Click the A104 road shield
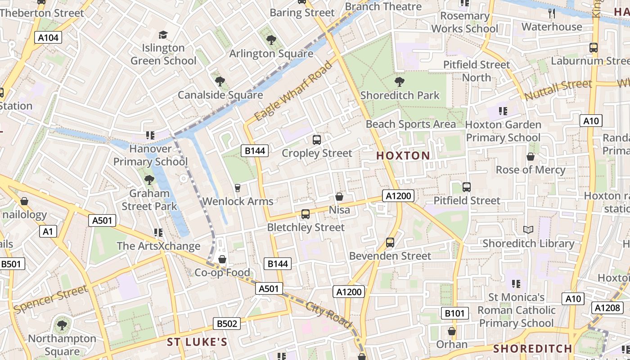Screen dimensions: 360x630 48,38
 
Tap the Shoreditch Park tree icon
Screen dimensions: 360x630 399,82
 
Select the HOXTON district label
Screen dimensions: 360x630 403,156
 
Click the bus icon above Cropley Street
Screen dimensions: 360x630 316,140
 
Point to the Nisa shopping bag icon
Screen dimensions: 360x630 339,197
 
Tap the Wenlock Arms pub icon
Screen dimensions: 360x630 238,188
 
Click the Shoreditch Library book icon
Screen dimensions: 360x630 528,230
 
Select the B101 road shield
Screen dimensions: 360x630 454,313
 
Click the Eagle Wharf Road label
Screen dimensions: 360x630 293,91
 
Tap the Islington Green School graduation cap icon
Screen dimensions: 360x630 163,35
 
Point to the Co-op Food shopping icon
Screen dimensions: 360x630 222,259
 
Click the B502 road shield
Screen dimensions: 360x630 227,323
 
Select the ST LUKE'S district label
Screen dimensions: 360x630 197,342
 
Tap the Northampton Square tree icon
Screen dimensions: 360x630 62,325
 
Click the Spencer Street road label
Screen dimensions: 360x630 51,299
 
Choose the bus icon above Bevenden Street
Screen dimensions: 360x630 390,243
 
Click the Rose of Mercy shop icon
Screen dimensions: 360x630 531,157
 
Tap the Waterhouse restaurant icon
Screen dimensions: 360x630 552,13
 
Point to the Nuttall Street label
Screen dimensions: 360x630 558,90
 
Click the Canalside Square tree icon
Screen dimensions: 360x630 220,81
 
